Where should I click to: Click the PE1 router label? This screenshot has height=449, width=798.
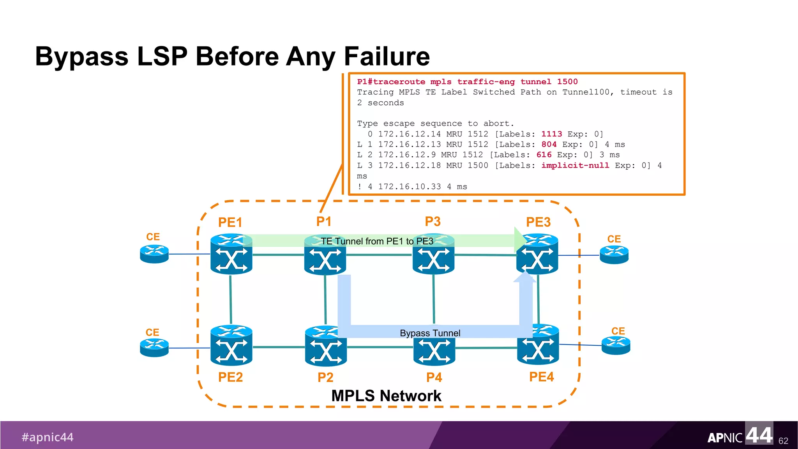click(x=230, y=223)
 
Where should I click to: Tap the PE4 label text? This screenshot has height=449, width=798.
click(x=541, y=377)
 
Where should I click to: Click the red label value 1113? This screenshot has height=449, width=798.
click(x=551, y=134)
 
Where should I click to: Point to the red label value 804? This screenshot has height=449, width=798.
click(x=549, y=145)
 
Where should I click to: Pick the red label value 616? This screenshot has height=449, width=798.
click(x=544, y=155)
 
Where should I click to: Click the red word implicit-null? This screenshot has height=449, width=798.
click(x=575, y=166)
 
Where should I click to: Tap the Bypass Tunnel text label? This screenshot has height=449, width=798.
click(x=430, y=333)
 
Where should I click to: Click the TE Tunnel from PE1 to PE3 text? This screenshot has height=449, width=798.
click(x=377, y=241)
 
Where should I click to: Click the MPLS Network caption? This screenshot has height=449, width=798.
click(x=386, y=396)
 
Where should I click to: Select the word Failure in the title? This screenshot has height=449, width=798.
click(x=387, y=57)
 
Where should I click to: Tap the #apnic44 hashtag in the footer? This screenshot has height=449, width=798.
click(x=48, y=437)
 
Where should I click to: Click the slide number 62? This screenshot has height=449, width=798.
click(x=783, y=441)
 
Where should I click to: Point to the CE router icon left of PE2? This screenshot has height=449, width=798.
click(x=154, y=347)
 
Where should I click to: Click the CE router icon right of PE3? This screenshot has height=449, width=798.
click(x=614, y=255)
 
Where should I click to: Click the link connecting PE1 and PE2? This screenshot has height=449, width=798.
click(x=231, y=299)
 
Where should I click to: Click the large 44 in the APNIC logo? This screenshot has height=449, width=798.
click(x=759, y=435)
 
